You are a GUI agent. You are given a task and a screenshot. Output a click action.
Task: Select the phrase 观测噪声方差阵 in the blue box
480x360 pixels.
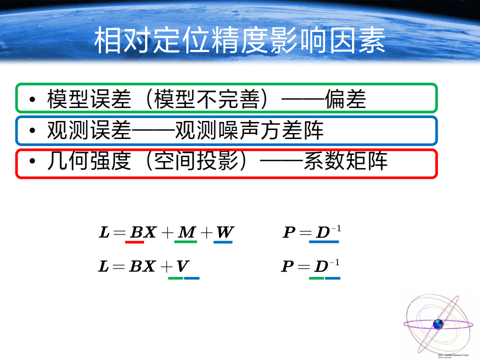coord(249,130)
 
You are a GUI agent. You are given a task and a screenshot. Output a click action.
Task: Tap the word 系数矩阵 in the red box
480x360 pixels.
coord(345,161)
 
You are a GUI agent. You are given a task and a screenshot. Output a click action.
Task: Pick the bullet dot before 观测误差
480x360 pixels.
coord(32,131)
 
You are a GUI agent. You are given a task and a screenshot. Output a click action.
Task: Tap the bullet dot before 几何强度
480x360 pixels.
coord(32,162)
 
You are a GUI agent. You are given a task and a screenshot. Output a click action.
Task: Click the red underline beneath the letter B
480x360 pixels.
coord(134,242)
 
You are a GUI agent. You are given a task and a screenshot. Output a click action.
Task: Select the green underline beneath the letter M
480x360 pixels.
coord(185,242)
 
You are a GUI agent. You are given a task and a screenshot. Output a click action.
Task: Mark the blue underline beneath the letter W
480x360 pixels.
coord(223,242)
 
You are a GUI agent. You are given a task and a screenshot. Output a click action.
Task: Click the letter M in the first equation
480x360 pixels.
coord(187,232)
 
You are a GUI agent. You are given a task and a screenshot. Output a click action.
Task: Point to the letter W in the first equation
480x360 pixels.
coord(224,232)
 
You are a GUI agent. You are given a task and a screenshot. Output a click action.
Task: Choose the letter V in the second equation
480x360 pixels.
coord(182,266)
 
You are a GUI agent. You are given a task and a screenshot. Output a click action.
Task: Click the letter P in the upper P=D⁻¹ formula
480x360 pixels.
coord(289,232)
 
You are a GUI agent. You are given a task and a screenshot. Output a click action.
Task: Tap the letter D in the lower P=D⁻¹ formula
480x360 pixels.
coord(320,266)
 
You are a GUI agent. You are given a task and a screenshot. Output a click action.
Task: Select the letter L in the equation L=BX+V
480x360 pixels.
coord(103,266)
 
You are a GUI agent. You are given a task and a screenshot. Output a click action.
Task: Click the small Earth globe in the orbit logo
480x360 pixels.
coord(438,324)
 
